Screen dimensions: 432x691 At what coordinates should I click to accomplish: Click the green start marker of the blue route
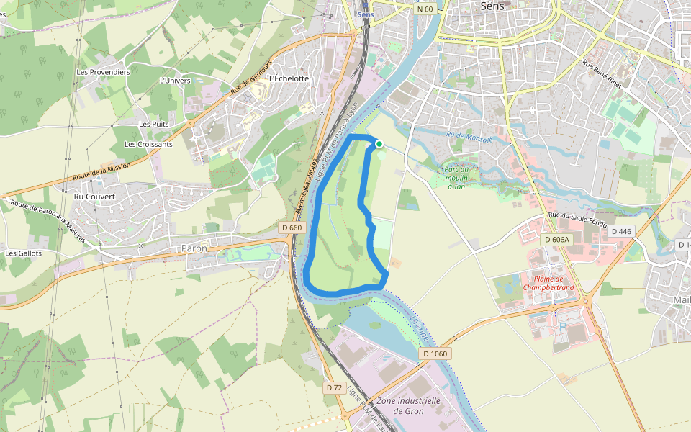pyautogui.click(x=379, y=144)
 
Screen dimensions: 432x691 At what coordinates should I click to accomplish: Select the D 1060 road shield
pyautogui.click(x=435, y=354)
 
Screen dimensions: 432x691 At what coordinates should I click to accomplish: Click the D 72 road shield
pyautogui.click(x=334, y=387)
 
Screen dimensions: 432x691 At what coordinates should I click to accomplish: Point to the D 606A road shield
pyautogui.click(x=556, y=239)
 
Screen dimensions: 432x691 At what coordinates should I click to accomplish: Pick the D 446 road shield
pyautogui.click(x=622, y=232)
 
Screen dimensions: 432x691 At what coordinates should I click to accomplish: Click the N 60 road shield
pyautogui.click(x=425, y=9)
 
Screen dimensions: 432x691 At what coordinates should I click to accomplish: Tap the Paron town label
pyautogui.click(x=194, y=248)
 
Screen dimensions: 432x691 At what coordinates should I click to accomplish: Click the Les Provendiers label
pyautogui.click(x=103, y=72)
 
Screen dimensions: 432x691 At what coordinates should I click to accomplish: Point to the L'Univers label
pyautogui.click(x=175, y=81)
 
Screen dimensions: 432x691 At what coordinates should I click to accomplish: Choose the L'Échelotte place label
pyautogui.click(x=288, y=78)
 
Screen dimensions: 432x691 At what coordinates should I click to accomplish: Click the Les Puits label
pyautogui.click(x=154, y=124)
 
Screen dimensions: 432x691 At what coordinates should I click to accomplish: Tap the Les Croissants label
pyautogui.click(x=148, y=144)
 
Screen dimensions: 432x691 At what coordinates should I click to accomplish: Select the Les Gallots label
pyautogui.click(x=24, y=253)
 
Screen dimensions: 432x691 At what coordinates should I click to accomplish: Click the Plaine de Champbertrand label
pyautogui.click(x=548, y=283)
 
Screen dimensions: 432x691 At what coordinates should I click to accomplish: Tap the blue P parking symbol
pyautogui.click(x=562, y=326)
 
